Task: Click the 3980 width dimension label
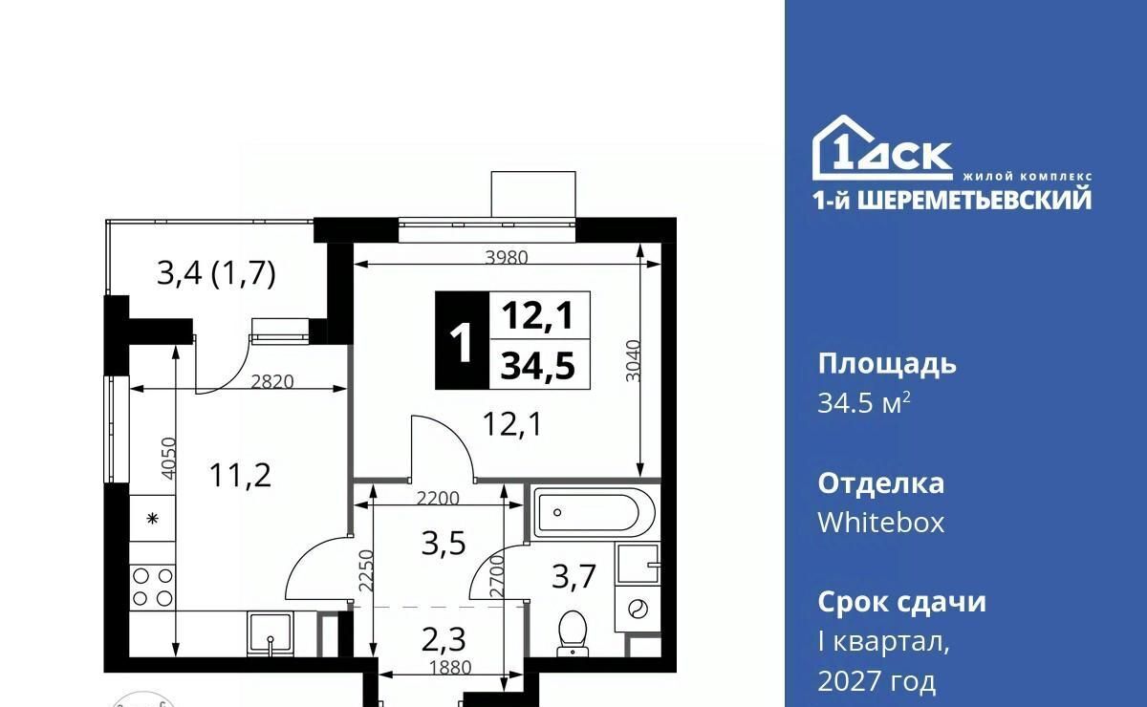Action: pyautogui.click(x=506, y=257)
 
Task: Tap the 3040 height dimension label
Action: pyautogui.click(x=634, y=360)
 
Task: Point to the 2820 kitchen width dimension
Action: pyautogui.click(x=271, y=381)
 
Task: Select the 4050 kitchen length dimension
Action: pyautogui.click(x=168, y=459)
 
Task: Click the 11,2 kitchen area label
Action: pyautogui.click(x=240, y=475)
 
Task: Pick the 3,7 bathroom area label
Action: pyautogui.click(x=573, y=575)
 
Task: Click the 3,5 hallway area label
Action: pyautogui.click(x=444, y=544)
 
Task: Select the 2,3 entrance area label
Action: pyautogui.click(x=444, y=639)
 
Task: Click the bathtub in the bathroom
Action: pyautogui.click(x=594, y=512)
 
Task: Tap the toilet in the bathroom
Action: pyautogui.click(x=572, y=633)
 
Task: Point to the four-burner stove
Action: pyautogui.click(x=152, y=588)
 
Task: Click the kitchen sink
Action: pyautogui.click(x=271, y=633)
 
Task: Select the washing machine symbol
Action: pyautogui.click(x=638, y=610)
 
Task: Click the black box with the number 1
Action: pyautogui.click(x=463, y=340)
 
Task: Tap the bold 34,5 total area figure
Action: pyautogui.click(x=538, y=366)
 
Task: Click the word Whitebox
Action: pyautogui.click(x=880, y=523)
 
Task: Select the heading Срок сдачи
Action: pyautogui.click(x=901, y=603)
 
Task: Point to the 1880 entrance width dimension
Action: pyautogui.click(x=450, y=668)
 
